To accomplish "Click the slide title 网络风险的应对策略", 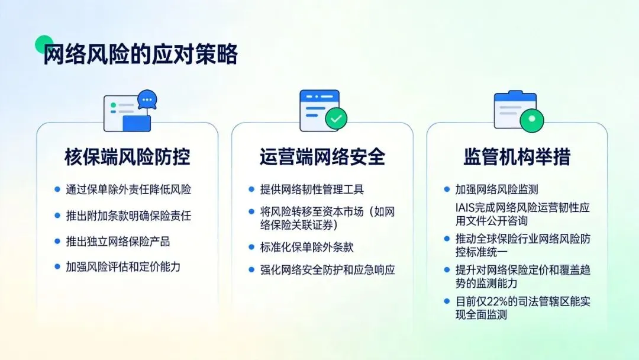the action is point(140,54).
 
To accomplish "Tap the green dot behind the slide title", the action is point(44,44).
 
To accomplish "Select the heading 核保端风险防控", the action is point(127,157).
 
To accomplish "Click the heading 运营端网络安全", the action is point(322,157).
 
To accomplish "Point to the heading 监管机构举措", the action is point(517,157).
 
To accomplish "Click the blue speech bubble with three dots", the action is point(147,99).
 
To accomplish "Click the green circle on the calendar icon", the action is point(531,120).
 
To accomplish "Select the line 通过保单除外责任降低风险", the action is point(128,190).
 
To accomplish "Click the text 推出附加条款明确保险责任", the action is point(128,216).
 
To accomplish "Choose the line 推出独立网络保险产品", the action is point(118,242).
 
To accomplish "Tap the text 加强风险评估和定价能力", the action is point(123,266).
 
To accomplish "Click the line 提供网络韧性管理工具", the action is point(312,190).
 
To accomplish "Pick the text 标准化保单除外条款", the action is point(306,247).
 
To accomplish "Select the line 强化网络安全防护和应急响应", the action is point(327,270).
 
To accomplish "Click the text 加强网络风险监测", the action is point(496,190).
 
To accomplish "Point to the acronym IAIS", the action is point(464,208).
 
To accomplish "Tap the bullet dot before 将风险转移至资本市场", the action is point(251,211).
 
